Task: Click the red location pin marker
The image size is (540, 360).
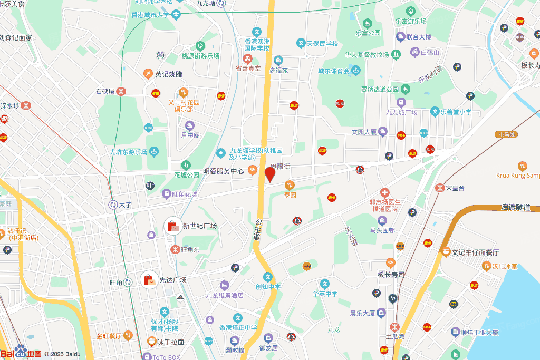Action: [x=270, y=174]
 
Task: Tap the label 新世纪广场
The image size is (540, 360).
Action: [x=200, y=226]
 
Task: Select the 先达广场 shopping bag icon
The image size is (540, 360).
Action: [x=149, y=279]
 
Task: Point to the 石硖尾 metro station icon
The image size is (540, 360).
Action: [x=121, y=91]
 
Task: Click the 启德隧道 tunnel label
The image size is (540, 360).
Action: [x=515, y=208]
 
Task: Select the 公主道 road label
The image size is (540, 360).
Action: [x=257, y=230]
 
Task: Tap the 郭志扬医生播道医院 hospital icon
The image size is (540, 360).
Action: [x=385, y=193]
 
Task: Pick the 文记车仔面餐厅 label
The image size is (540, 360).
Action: [x=475, y=252]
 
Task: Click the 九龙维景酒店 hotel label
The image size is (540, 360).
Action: [x=225, y=295]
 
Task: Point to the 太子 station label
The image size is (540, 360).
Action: [x=125, y=205]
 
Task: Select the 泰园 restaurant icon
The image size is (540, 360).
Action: [x=289, y=185]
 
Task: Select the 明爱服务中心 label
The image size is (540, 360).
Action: [x=224, y=171]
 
